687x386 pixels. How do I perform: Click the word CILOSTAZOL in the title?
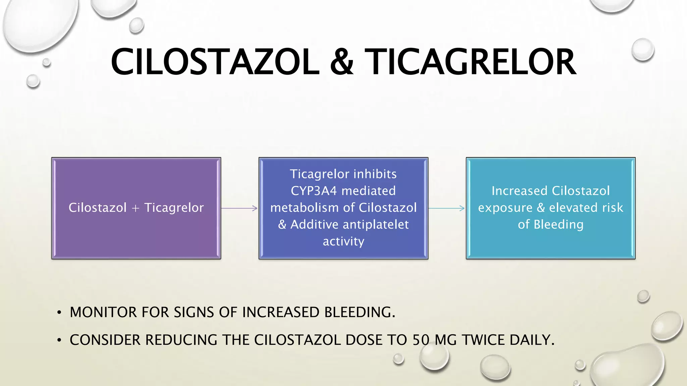pos(215,62)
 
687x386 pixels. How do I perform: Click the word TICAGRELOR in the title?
pos(470,62)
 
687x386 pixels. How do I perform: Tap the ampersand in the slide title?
pos(341,62)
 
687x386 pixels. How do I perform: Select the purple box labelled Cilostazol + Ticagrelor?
pos(136,235)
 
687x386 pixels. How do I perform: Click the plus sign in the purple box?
pos(136,208)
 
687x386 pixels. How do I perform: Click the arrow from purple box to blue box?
pos(239,208)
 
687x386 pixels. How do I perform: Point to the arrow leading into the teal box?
pos(446,208)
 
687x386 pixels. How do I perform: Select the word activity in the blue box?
pos(343,241)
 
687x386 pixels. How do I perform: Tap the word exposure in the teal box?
pos(505,208)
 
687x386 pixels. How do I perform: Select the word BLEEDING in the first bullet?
pos(359,312)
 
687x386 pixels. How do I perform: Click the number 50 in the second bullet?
pos(421,340)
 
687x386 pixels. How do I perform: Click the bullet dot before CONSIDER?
pos(59,340)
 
